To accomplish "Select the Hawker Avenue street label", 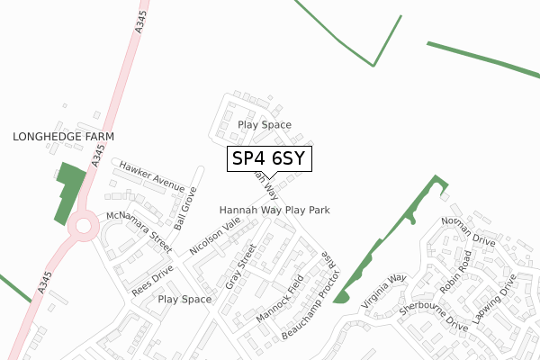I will [x=151, y=174].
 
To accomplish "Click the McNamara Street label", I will [x=139, y=231].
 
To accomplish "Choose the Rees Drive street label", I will [x=152, y=280].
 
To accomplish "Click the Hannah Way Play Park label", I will [x=274, y=210].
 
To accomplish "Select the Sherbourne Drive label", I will [x=435, y=316].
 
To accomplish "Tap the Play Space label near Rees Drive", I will [x=184, y=299].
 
